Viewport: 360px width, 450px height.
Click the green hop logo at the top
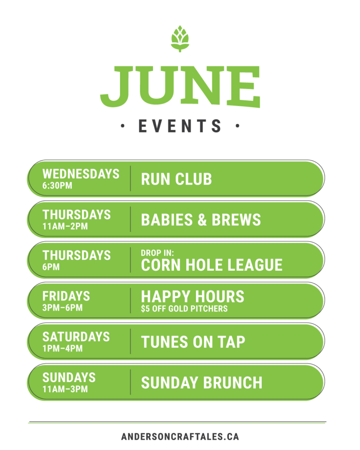tap(180, 39)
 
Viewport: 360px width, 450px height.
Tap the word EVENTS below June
tap(180, 126)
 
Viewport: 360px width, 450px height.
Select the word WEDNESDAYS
tap(81, 174)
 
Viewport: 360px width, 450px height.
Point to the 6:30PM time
tap(57, 186)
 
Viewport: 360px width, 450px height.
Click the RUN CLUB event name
tap(176, 179)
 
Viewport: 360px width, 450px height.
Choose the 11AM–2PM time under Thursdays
tap(65, 226)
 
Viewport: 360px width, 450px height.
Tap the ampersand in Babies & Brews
tap(202, 220)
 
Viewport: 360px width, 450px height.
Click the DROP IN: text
tap(157, 253)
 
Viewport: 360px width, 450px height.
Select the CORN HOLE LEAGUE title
tap(211, 265)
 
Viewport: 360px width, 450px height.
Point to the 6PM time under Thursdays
tap(51, 267)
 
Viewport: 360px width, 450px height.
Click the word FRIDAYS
tap(66, 296)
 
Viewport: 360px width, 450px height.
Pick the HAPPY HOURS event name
tap(193, 297)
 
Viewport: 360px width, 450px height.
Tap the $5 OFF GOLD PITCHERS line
tap(184, 309)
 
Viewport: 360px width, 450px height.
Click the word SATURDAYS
tap(76, 337)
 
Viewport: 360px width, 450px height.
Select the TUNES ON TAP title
tap(193, 342)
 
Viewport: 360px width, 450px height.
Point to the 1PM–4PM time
tap(62, 348)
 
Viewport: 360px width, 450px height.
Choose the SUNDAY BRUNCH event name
tap(201, 383)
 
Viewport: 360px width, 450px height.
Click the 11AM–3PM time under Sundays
tap(65, 389)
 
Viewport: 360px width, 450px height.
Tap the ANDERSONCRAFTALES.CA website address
tap(180, 436)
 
